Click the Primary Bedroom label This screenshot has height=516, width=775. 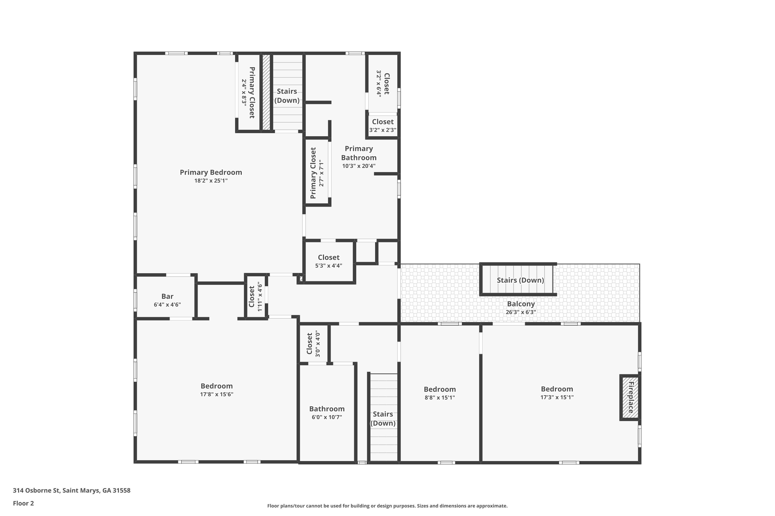coord(211,172)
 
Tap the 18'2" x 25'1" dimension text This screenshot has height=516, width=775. coord(211,181)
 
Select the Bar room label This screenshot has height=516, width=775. coord(167,296)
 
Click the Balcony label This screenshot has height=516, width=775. coord(521,304)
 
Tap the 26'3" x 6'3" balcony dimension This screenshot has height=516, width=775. coord(521,312)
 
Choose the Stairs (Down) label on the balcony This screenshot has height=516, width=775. coord(520,280)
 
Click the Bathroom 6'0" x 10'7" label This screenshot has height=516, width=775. coord(327,409)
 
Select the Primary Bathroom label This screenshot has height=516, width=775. coord(359,153)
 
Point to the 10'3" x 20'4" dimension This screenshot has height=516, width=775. coord(359,166)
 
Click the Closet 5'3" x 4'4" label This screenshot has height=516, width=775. coord(329,257)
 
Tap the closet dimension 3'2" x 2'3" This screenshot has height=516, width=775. coord(383,130)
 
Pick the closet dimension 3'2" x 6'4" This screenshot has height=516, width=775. coord(379,84)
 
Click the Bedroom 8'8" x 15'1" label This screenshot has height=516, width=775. coord(440,389)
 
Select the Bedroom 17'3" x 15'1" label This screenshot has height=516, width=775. coord(557,389)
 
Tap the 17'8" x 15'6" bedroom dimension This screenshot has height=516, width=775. coord(216,394)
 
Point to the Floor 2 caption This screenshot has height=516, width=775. coord(24,503)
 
